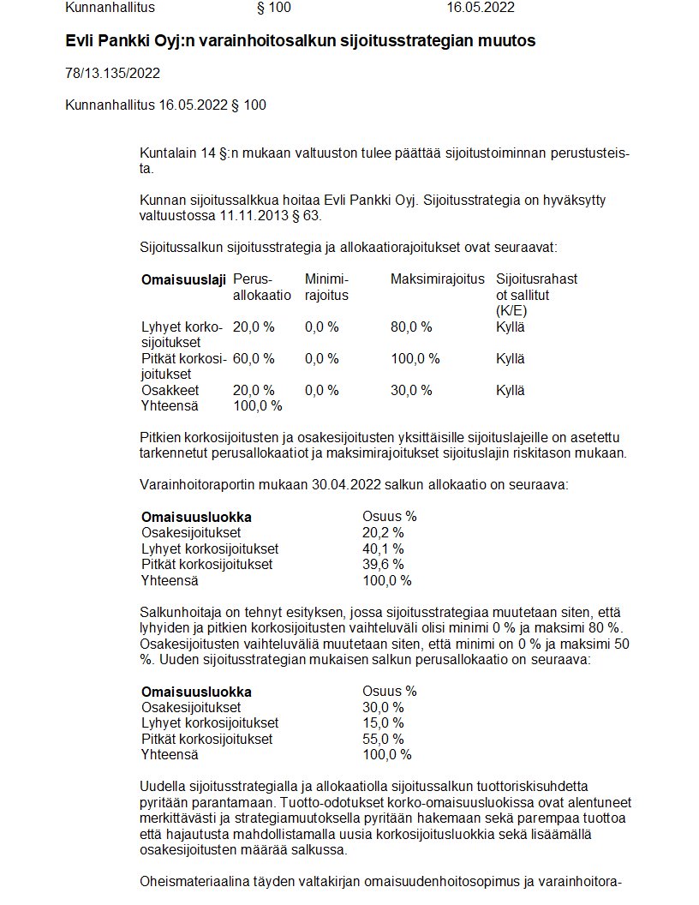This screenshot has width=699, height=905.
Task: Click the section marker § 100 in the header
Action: (274, 8)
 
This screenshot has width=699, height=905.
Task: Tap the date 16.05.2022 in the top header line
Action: (481, 8)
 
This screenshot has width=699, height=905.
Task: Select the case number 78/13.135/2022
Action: (112, 73)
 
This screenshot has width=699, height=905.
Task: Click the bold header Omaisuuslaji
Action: (183, 279)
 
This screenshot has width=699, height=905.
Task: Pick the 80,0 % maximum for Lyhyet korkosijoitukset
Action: (411, 327)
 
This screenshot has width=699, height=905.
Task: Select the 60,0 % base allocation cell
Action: (254, 358)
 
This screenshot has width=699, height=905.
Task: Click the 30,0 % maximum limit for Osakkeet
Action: (411, 390)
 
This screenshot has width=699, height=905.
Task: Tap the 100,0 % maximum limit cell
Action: (415, 358)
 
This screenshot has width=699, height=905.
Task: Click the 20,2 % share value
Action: (383, 532)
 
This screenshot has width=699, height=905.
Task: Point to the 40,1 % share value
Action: (383, 548)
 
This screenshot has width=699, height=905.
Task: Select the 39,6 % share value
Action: (383, 564)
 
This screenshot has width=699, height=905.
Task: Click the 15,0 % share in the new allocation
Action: (383, 722)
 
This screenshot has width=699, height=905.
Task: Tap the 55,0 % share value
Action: (383, 739)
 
